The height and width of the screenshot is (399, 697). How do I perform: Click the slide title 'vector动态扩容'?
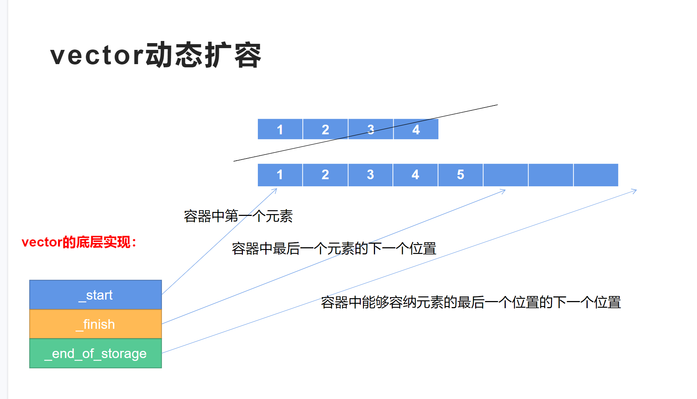(156, 55)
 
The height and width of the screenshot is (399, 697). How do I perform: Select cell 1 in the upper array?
(280, 129)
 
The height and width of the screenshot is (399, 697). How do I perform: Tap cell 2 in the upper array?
(325, 129)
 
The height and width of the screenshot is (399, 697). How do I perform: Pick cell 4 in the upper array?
(416, 129)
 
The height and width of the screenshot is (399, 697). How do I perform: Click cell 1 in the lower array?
(280, 175)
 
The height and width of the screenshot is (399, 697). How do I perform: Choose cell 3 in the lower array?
(370, 175)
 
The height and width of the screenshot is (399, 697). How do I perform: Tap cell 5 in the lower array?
(461, 175)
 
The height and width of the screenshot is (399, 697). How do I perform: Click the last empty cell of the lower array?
(596, 175)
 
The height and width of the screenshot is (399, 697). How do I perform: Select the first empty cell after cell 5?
(506, 175)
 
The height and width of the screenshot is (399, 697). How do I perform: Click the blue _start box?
(95, 295)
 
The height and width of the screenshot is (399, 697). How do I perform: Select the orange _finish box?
(95, 324)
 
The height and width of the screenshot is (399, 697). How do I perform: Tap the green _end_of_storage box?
(95, 353)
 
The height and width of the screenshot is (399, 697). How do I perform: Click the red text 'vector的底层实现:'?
(79, 242)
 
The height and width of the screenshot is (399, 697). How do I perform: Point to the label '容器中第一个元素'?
(238, 216)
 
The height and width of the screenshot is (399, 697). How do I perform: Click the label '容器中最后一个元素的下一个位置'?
(334, 248)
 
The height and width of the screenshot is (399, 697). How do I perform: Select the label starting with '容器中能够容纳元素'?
(470, 302)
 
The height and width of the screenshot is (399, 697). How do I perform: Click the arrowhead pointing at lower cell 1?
(276, 190)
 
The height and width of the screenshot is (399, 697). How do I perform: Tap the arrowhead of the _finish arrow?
(504, 191)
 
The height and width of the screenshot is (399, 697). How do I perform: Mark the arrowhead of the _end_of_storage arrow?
(635, 191)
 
